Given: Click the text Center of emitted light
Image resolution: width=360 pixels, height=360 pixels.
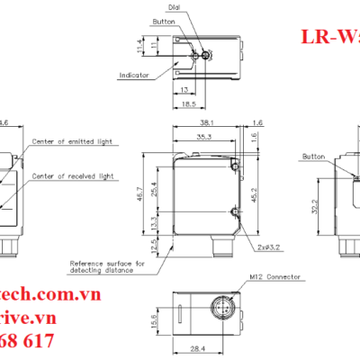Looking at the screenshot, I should (x=71, y=142).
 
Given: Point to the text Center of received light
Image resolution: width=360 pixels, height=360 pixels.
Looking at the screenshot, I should (x=71, y=176).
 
